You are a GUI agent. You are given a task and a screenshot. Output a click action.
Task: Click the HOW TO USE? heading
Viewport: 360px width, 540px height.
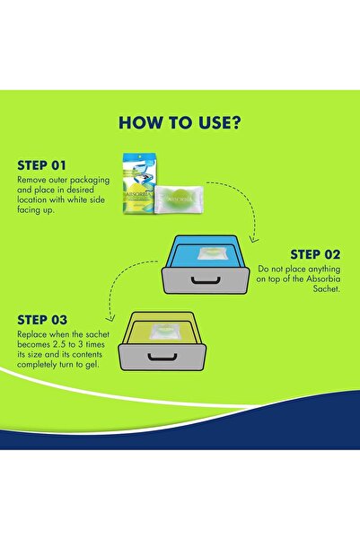click(180, 122)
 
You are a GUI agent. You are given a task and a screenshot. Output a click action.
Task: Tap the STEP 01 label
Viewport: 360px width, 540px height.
click(41, 165)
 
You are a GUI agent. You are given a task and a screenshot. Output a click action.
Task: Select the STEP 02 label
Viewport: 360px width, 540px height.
click(315, 254)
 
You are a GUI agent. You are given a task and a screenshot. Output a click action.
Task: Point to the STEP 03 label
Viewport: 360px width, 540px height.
click(42, 320)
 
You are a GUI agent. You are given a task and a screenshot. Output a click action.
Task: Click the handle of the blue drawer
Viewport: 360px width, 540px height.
click(206, 280)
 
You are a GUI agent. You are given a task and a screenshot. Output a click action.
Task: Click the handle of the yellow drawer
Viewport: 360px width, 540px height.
click(162, 357)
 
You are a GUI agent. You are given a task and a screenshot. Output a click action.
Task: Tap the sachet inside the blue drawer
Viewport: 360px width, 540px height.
click(213, 254)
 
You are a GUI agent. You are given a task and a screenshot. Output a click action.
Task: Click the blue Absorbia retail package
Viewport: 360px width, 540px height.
click(140, 183)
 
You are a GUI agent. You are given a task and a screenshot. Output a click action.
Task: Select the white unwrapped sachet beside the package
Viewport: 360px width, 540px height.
click(179, 199)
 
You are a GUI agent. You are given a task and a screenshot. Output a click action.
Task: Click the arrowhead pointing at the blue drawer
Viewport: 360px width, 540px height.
click(254, 238)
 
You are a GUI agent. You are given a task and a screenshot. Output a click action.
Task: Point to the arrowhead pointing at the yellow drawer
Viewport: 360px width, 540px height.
click(110, 318)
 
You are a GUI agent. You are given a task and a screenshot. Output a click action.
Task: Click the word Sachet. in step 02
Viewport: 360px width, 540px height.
click(326, 288)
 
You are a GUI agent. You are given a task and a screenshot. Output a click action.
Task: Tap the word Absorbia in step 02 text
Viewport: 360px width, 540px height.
click(323, 279)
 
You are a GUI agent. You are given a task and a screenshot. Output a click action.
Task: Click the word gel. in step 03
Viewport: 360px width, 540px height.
click(92, 365)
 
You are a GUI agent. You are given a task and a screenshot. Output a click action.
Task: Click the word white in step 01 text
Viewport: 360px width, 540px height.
click(77, 199)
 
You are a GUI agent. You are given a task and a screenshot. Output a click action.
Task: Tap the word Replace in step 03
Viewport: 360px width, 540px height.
click(32, 334)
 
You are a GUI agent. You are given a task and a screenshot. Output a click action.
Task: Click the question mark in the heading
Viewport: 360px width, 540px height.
click(236, 122)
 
